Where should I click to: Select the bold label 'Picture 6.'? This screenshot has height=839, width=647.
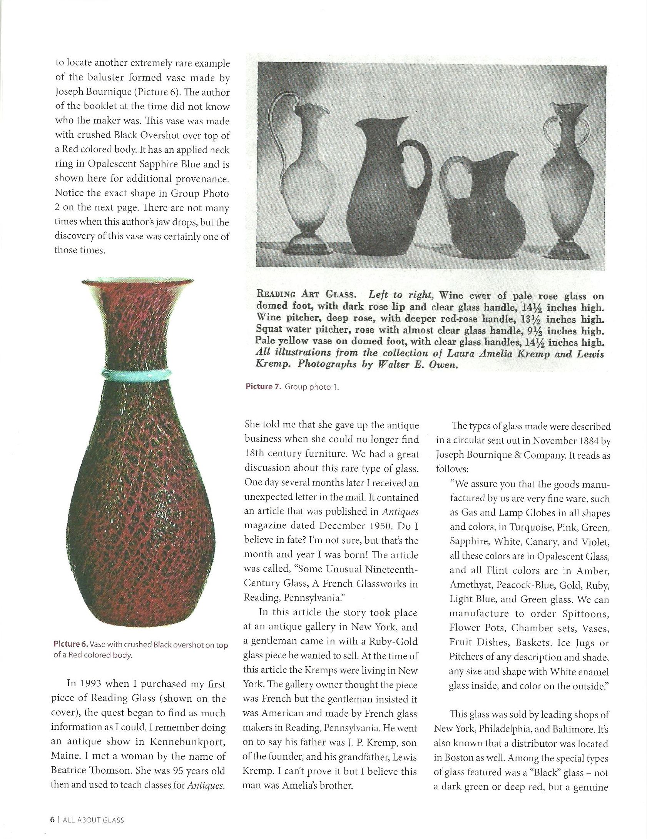point(71,645)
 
